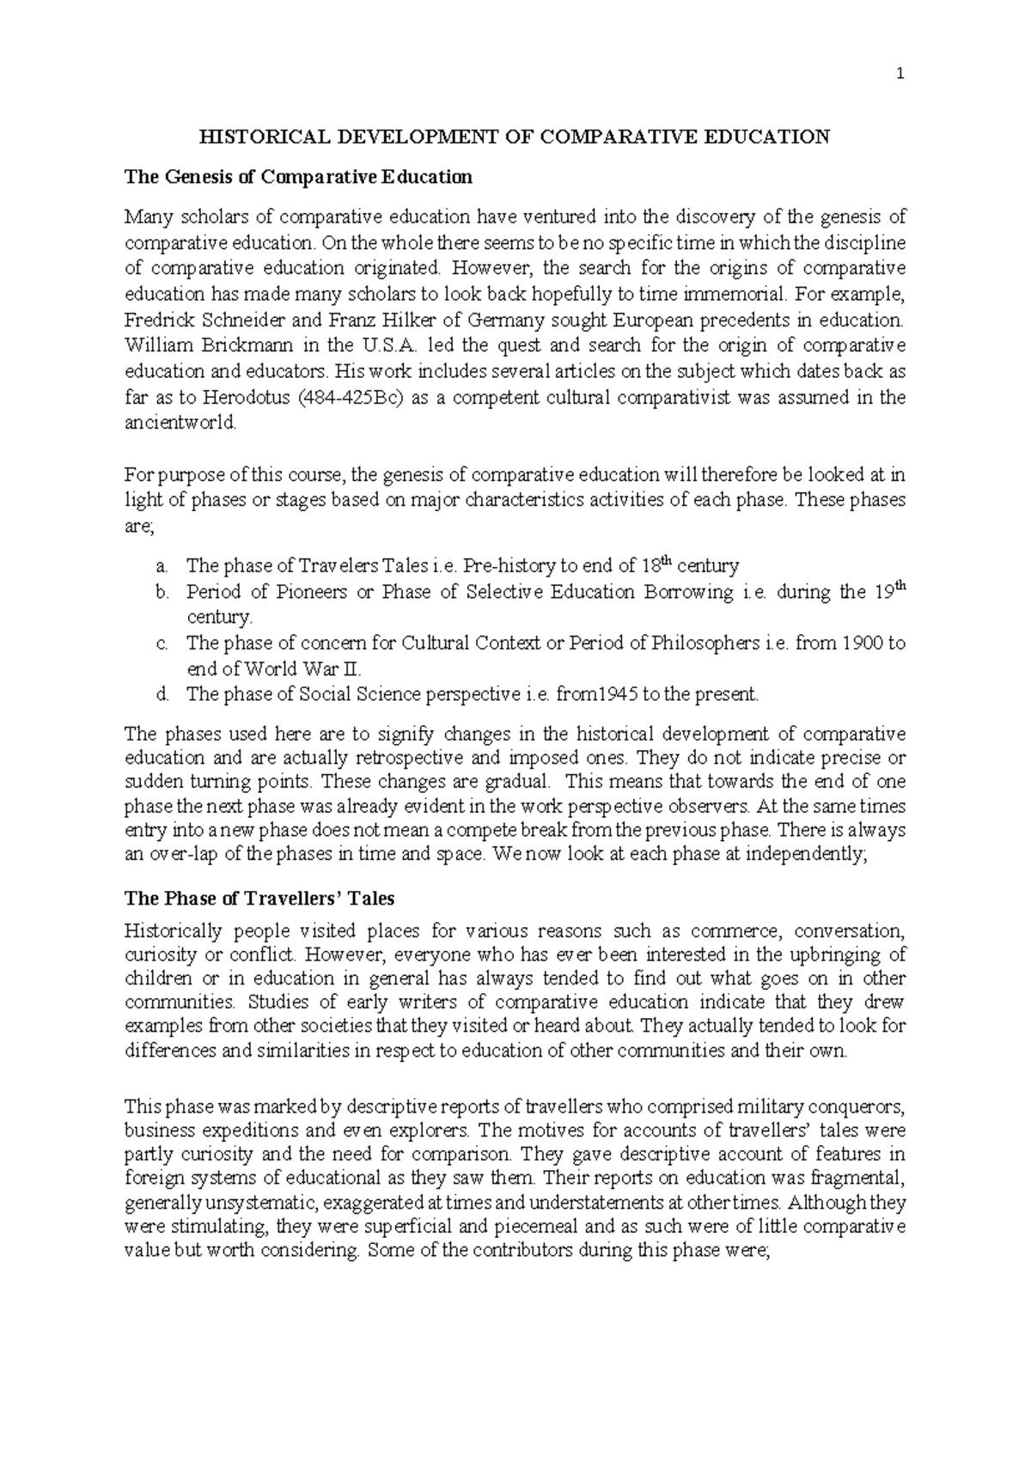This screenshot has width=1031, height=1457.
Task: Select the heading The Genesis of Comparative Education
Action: point(298,177)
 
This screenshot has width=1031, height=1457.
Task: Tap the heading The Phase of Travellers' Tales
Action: point(259,899)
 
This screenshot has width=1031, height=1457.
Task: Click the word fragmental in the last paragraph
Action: point(856,1179)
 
